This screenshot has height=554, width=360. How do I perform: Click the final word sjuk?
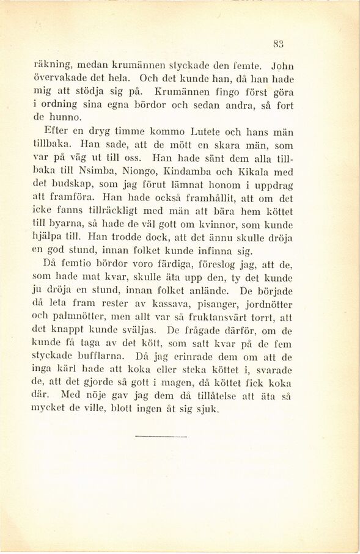(207, 410)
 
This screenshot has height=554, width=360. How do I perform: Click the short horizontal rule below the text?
(155, 436)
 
